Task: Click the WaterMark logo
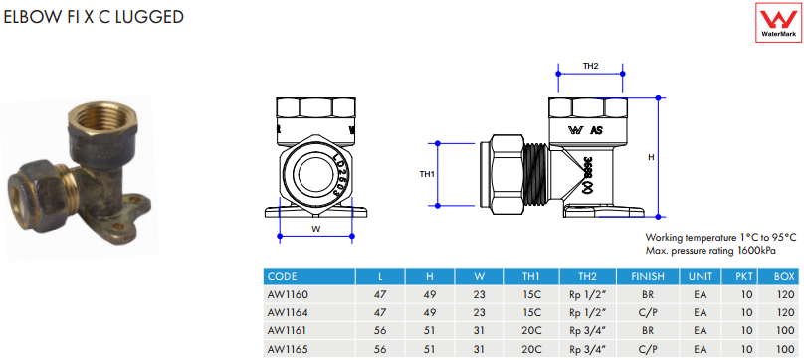779,23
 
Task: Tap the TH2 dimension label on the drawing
590,66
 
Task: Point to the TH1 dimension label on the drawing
427,174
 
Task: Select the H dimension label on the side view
651,157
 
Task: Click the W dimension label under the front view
316,230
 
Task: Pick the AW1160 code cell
288,295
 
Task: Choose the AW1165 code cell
288,349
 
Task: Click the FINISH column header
648,276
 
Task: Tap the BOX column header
784,276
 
